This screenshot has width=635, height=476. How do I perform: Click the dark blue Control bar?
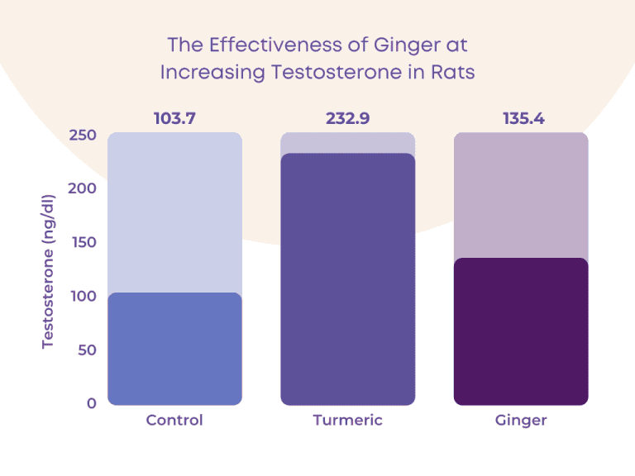[174, 349]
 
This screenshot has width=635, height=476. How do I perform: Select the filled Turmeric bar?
[347, 279]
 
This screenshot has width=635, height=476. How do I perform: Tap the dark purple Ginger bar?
[521, 331]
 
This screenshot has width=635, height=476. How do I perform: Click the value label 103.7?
[174, 119]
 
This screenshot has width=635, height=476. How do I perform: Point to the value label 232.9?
[347, 119]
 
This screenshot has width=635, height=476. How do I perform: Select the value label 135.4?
[521, 119]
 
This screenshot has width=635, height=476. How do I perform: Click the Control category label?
[174, 421]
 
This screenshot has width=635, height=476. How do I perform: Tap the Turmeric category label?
[347, 421]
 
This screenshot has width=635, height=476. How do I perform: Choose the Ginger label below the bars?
[521, 421]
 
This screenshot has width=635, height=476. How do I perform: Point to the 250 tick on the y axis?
[83, 136]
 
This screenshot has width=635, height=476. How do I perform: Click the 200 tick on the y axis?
[83, 188]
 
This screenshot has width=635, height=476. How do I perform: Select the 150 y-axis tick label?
[83, 242]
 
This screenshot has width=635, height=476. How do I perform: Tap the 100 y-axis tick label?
[83, 296]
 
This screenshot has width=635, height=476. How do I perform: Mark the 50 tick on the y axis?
[86, 350]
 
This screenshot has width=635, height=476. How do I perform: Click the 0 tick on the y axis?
[90, 403]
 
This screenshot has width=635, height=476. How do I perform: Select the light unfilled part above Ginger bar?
[521, 195]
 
